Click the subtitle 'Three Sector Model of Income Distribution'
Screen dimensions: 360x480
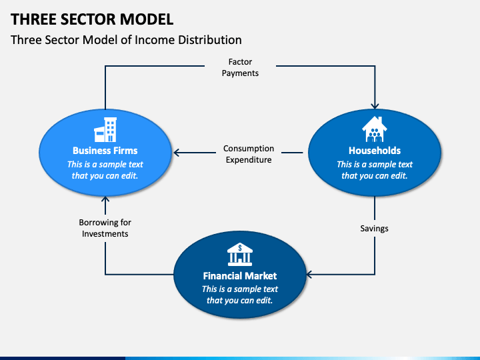point(126,40)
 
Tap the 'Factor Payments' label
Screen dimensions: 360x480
point(240,67)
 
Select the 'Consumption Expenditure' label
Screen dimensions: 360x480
point(248,154)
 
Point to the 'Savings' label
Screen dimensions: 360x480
point(374,228)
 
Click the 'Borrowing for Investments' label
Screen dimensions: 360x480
point(105,228)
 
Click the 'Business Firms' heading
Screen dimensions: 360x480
point(105,151)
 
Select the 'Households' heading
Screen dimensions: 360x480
point(374,151)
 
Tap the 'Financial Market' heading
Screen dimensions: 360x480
point(240,275)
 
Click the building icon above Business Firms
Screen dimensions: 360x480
point(105,129)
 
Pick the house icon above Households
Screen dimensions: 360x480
point(374,129)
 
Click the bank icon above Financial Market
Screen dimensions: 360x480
point(240,254)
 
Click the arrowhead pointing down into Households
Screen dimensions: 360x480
point(375,104)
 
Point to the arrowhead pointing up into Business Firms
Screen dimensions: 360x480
point(105,199)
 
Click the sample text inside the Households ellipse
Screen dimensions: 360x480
point(374,170)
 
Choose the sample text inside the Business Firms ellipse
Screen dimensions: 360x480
point(105,170)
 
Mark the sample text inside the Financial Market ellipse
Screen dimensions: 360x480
point(240,295)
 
